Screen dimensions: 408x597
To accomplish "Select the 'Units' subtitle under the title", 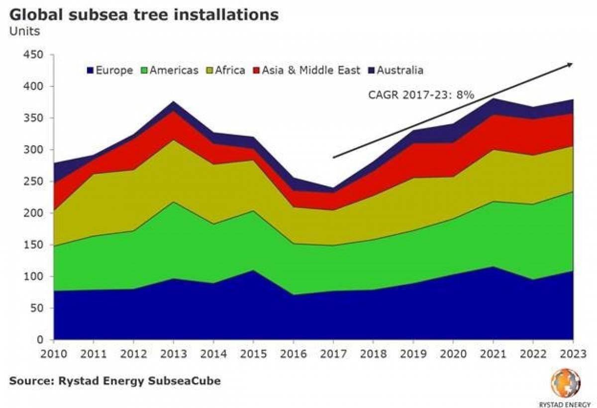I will (24, 31).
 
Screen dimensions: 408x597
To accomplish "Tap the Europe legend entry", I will (110, 70).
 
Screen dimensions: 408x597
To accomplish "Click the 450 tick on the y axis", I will (34, 55).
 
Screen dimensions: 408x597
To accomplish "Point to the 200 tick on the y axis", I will (34, 213).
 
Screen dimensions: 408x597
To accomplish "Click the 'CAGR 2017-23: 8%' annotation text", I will (420, 94).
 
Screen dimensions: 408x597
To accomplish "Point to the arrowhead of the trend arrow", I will (571, 65).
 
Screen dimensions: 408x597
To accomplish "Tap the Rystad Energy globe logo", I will (566, 382).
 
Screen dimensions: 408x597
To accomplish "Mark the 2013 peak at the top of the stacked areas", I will (174, 101).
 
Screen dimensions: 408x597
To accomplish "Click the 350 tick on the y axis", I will (34, 118).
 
